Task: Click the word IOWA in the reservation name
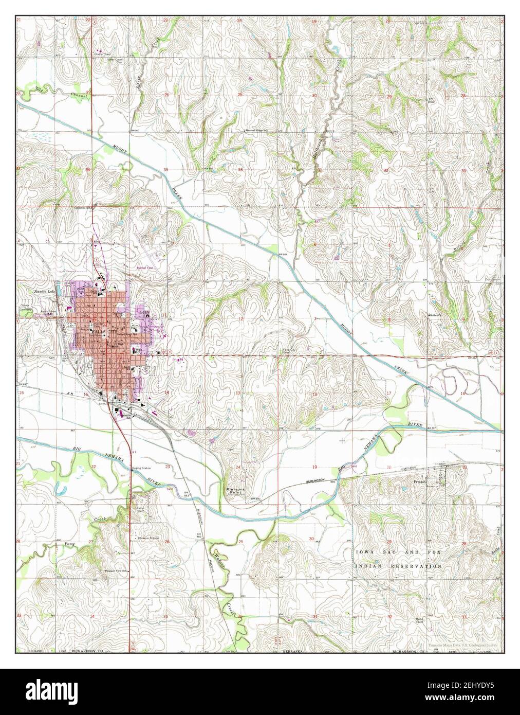(365, 552)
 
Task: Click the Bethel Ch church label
(438, 314)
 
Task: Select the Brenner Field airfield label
(145, 268)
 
